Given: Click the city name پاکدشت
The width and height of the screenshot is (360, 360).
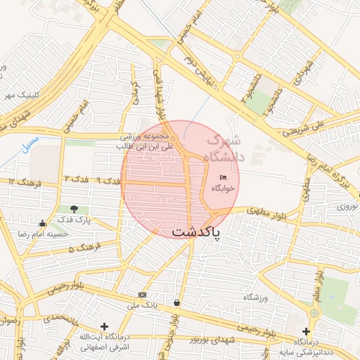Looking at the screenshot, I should coord(195,231).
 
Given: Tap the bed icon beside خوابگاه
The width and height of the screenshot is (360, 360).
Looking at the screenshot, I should coord(224,177).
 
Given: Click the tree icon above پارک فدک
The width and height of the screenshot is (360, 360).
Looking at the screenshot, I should coord(74,209).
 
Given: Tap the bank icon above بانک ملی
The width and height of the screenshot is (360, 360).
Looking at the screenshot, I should coord(143,295).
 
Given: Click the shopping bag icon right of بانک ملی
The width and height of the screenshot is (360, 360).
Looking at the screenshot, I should coord(175,303).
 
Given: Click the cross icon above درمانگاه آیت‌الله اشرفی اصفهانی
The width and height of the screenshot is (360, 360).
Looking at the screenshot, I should coord(104,326).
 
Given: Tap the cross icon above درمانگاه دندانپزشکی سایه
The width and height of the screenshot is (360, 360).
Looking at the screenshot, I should coord(306,331).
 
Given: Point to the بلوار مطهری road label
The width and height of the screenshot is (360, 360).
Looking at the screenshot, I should coord(268,210).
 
